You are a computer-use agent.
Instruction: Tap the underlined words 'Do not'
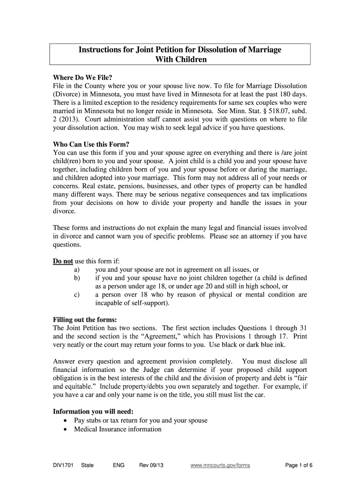click(x=63, y=261)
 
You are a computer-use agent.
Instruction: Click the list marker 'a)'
click(x=77, y=269)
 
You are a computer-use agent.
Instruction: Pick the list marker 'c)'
click(x=77, y=295)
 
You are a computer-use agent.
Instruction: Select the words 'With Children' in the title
click(x=180, y=59)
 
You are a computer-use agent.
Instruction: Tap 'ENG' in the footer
click(x=118, y=465)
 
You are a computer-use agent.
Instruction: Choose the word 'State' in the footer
click(x=87, y=465)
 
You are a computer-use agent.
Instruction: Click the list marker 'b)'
click(x=77, y=278)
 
